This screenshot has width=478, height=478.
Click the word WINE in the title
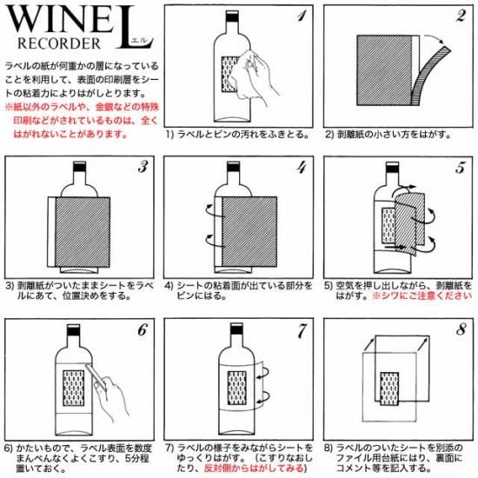pyautogui.click(x=60, y=20)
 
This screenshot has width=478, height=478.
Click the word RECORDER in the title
pyautogui.click(x=59, y=43)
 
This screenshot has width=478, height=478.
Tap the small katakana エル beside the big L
pyautogui.click(x=141, y=40)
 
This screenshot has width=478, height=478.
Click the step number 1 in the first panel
pyautogui.click(x=302, y=16)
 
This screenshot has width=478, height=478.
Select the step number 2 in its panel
pyautogui.click(x=461, y=16)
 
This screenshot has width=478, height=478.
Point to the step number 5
pyautogui.click(x=461, y=168)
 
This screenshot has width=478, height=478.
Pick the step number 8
pyautogui.click(x=461, y=329)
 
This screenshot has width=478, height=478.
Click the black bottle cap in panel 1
pyautogui.click(x=232, y=16)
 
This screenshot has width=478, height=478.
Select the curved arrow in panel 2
pyautogui.click(x=434, y=38)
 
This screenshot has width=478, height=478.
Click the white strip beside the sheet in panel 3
pyautogui.click(x=51, y=232)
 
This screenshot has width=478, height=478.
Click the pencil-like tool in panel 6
pyautogui.click(x=96, y=375)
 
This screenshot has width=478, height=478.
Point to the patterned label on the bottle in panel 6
pyautogui.click(x=74, y=388)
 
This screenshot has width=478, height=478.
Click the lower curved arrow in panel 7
pyautogui.click(x=264, y=396)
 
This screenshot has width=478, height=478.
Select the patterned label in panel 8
pyautogui.click(x=389, y=388)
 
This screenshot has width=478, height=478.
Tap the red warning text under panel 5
pyautogui.click(x=422, y=295)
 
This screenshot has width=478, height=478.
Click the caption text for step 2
pyautogui.click(x=388, y=135)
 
